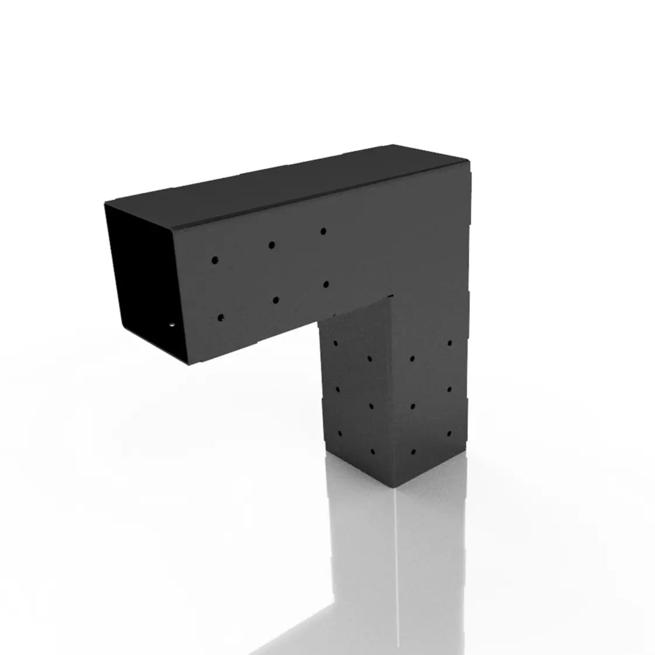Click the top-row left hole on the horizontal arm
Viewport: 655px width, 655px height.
(215, 259)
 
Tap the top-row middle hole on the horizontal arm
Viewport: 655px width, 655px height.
(271, 245)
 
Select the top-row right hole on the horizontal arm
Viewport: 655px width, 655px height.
(323, 232)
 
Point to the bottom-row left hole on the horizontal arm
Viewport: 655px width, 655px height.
(221, 318)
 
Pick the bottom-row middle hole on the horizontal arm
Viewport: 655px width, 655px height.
(274, 301)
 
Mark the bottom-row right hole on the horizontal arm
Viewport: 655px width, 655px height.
(325, 284)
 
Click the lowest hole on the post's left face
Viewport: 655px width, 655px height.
(372, 452)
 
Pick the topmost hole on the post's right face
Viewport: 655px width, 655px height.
(450, 343)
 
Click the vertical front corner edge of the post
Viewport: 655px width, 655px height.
(392, 397)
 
